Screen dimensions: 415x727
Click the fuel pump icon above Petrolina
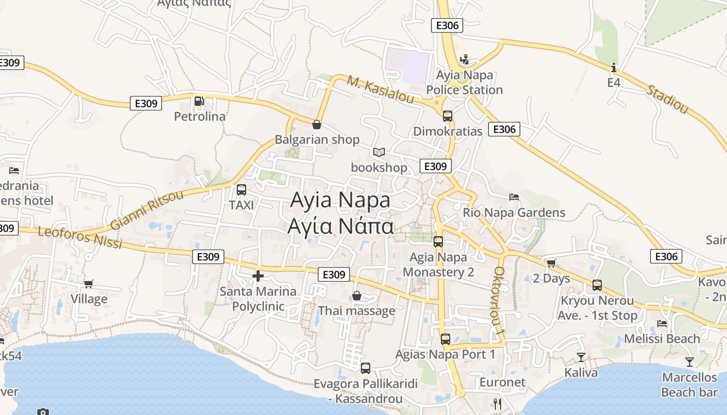tap(198, 101)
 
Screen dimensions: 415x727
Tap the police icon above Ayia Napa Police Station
tap(464, 60)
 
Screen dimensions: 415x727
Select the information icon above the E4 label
tap(614, 67)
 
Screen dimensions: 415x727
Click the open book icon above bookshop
tap(379, 153)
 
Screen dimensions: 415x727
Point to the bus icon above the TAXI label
tap(241, 190)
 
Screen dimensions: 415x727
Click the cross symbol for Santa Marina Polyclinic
tap(258, 276)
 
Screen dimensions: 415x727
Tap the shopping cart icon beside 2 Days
tap(551, 264)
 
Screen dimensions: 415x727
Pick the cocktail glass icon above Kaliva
tap(581, 357)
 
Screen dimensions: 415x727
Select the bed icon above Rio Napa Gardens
tap(514, 197)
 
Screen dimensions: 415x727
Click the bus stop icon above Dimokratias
tap(447, 116)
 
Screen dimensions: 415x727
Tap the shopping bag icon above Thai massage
tap(357, 296)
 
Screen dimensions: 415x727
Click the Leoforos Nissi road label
tap(80, 237)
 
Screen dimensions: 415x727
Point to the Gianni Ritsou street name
tap(147, 210)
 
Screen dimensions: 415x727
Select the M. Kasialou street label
tap(380, 89)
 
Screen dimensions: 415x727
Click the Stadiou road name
tap(667, 99)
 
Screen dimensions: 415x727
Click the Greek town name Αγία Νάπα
tap(341, 227)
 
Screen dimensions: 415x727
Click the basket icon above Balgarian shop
tap(316, 125)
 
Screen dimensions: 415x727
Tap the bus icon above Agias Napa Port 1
tap(445, 339)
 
